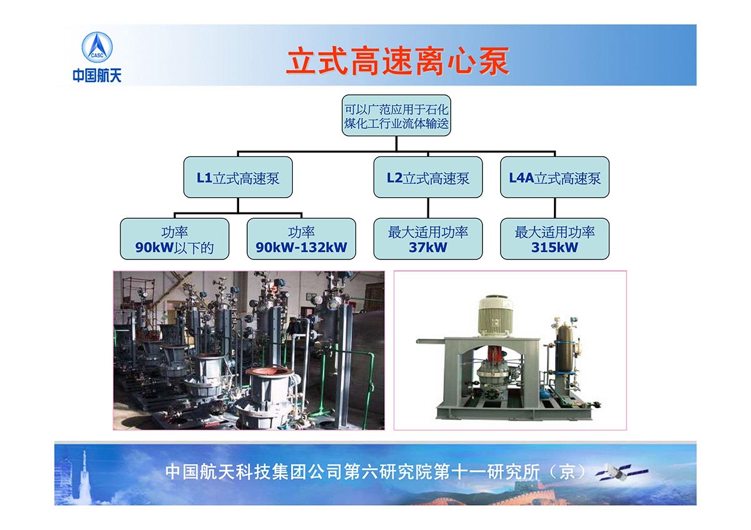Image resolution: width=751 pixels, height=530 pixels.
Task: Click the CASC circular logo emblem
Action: tap(97, 47)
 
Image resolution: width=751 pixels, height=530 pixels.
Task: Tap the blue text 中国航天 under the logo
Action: tap(97, 75)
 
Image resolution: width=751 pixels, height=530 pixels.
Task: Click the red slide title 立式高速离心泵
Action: tap(397, 61)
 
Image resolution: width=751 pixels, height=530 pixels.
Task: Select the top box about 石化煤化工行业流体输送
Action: tap(396, 116)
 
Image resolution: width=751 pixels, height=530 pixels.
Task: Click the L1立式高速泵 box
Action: tap(238, 177)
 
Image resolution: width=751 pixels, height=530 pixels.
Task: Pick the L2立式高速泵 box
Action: tap(428, 177)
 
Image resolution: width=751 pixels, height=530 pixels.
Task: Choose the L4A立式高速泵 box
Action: tap(555, 177)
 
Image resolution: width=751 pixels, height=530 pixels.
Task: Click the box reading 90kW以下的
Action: tap(175, 239)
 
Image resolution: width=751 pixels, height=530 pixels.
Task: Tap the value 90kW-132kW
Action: tap(302, 247)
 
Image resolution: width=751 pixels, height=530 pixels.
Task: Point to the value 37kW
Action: tap(428, 247)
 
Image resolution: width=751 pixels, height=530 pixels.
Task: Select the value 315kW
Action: tap(555, 247)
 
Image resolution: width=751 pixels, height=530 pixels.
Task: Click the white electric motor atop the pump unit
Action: tap(496, 316)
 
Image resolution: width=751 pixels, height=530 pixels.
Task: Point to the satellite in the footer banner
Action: tap(622, 472)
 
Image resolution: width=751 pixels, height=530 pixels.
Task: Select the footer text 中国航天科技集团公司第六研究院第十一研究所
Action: tap(352, 472)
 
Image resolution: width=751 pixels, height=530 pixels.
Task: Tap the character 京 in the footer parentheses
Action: tap(567, 472)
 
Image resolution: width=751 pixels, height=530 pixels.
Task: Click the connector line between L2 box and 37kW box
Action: tap(428, 208)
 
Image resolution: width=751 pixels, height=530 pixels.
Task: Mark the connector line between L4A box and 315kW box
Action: tap(555, 208)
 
